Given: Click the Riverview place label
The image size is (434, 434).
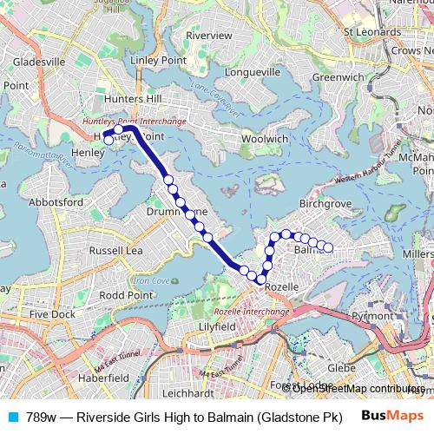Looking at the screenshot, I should [209, 36].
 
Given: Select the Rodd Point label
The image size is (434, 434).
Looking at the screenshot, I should [126, 295].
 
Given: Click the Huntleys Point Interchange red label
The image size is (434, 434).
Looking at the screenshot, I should [134, 122].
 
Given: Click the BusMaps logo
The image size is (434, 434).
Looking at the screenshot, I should [392, 416].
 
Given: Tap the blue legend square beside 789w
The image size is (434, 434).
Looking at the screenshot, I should [12, 417].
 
